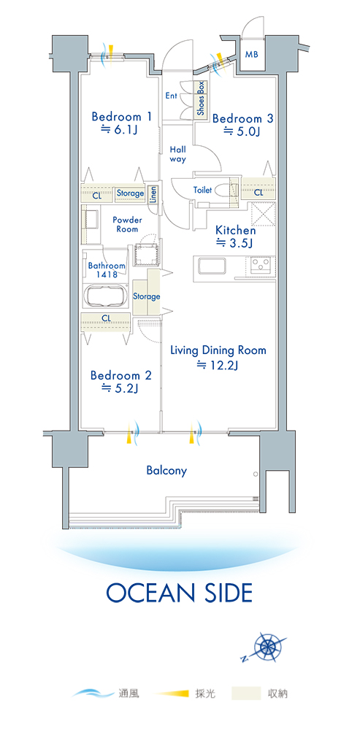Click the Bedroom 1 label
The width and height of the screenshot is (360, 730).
[x=121, y=116]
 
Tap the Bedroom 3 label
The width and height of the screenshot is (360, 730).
[x=242, y=119]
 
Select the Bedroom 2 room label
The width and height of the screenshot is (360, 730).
[x=121, y=375]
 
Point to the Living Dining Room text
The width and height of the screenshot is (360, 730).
[x=218, y=350]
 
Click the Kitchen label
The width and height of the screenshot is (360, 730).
[x=235, y=231]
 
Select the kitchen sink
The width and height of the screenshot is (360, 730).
[x=212, y=267]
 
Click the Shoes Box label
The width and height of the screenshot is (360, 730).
[x=201, y=99]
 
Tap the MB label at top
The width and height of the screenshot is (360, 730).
[x=252, y=54]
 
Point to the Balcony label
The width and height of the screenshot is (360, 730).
[x=166, y=470]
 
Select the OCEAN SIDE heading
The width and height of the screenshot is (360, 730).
[x=180, y=593]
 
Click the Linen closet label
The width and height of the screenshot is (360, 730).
[x=153, y=195]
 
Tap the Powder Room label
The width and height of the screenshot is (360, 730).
[x=127, y=224]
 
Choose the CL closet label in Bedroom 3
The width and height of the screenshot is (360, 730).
[x=258, y=192]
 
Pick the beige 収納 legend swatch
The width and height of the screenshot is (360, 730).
[x=245, y=693]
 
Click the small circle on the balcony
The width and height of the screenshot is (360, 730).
[x=256, y=474]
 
